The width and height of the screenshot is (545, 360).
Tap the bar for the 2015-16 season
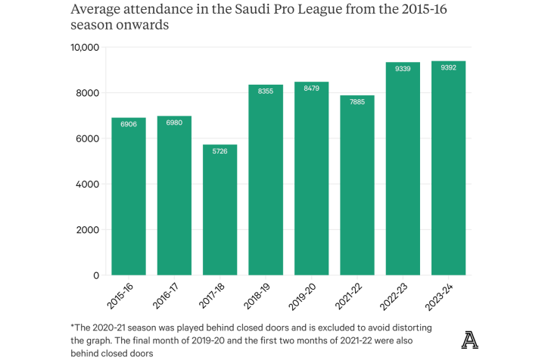coord(129,197)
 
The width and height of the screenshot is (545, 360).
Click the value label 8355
coord(266,90)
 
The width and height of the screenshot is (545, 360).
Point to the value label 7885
coord(357,101)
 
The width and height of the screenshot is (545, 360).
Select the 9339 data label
coord(403,68)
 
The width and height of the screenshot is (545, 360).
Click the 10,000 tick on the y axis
coord(85,47)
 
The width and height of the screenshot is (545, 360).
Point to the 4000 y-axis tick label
coord(89,184)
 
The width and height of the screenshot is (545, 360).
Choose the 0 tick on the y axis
coord(96,275)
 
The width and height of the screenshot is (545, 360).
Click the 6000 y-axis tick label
coord(89,138)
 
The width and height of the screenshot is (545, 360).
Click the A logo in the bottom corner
coord(469,340)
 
